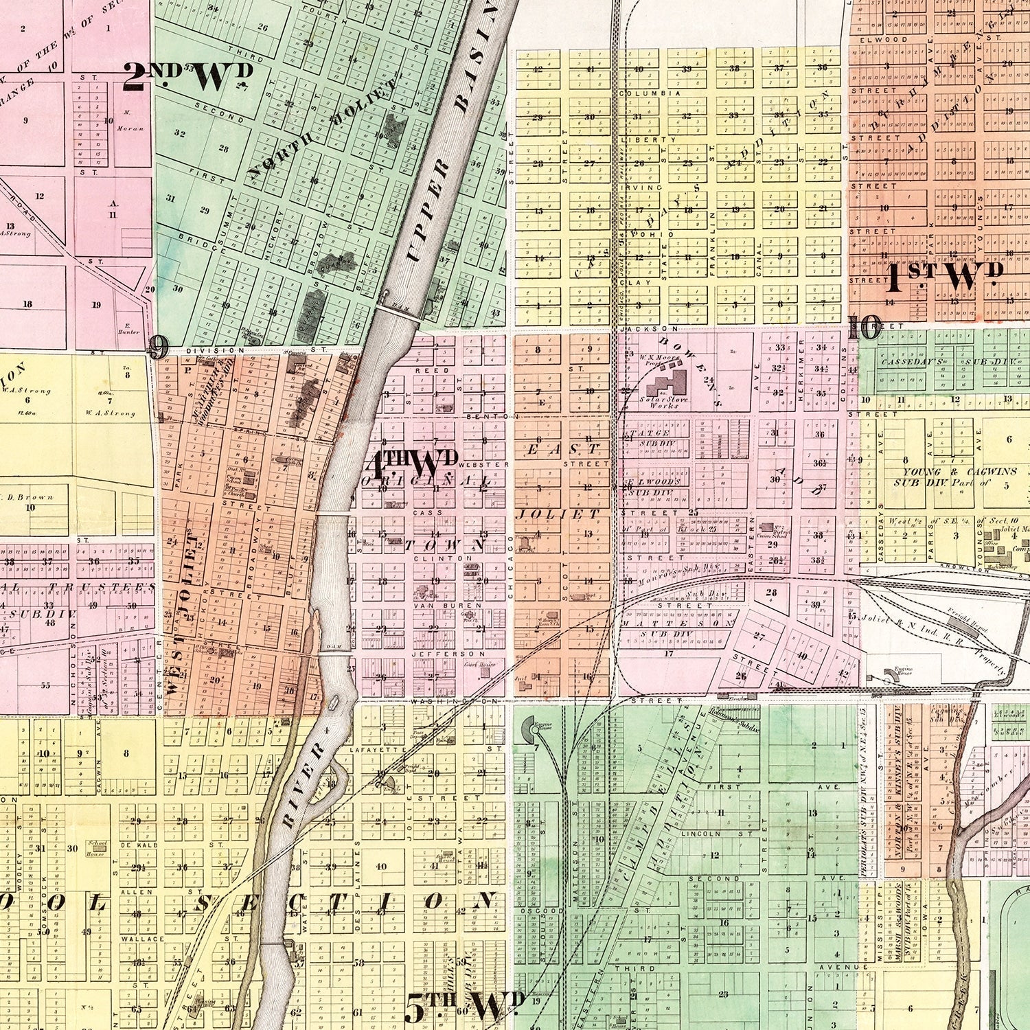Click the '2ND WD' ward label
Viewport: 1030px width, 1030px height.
[x=187, y=77]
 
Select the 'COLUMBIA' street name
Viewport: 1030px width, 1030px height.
[x=639, y=93]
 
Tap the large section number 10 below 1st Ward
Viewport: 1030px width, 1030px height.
[x=864, y=329]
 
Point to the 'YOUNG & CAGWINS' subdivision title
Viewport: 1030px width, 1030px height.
[x=944, y=472]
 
